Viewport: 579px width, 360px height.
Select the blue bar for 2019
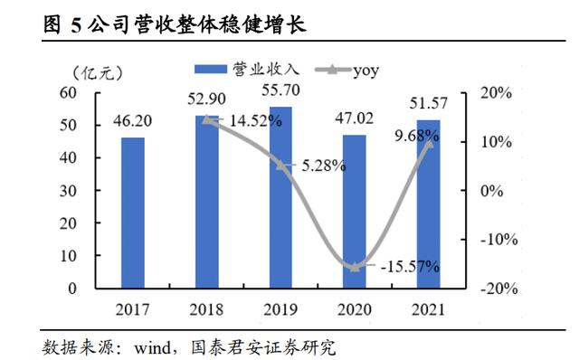tap(280, 197)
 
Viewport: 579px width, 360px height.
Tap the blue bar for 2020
tap(355, 212)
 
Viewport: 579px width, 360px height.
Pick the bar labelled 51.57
tap(428, 204)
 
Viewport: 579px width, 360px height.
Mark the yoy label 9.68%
tap(417, 136)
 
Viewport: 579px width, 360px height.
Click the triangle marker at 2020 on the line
tap(355, 267)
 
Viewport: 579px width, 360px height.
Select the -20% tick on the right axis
tap(498, 289)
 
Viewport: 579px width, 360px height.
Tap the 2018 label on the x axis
tap(207, 309)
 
